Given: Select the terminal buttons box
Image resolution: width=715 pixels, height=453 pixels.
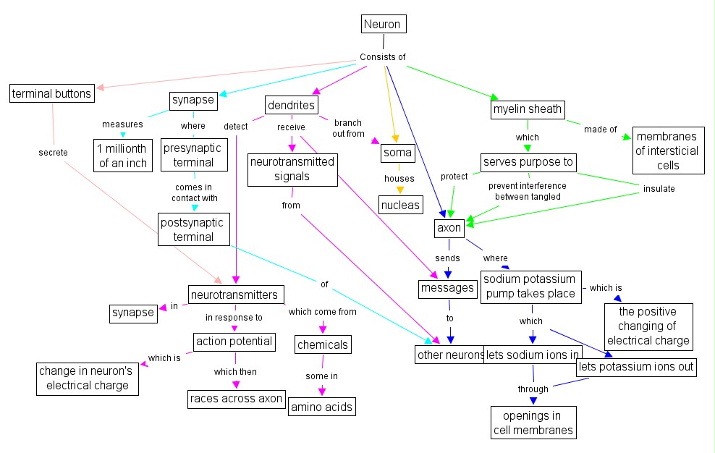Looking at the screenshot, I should pyautogui.click(x=52, y=93).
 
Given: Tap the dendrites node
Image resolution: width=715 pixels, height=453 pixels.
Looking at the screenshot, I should pyautogui.click(x=292, y=106).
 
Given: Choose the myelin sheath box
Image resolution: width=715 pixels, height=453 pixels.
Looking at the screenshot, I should pyautogui.click(x=527, y=109).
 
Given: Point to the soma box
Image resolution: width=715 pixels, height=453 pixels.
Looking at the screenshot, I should pyautogui.click(x=398, y=153).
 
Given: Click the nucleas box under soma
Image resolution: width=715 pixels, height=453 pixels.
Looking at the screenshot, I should pyautogui.click(x=399, y=205).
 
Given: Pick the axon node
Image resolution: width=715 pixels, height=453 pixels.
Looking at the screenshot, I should pyautogui.click(x=449, y=228).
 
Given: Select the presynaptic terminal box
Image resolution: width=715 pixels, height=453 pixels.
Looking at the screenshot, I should pyautogui.click(x=192, y=155).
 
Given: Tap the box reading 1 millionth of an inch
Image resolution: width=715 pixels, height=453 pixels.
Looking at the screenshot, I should pyautogui.click(x=123, y=155).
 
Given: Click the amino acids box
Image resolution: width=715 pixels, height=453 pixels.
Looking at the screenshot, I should pyautogui.click(x=322, y=407).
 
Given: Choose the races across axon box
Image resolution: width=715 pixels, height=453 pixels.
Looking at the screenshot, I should pyautogui.click(x=236, y=398).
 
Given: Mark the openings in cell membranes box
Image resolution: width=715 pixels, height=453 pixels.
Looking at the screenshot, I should pyautogui.click(x=533, y=423).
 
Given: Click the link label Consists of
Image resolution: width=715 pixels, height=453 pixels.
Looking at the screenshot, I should pyautogui.click(x=383, y=57).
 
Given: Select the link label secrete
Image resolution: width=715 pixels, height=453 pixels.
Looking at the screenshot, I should pyautogui.click(x=53, y=153).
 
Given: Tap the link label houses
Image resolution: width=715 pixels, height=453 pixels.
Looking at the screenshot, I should pyautogui.click(x=399, y=178).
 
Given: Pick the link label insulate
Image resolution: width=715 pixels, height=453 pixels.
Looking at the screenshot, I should pyautogui.click(x=659, y=189).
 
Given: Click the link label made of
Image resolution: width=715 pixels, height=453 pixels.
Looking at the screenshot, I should pyautogui.click(x=601, y=130).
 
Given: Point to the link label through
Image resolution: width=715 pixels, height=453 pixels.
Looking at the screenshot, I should pyautogui.click(x=533, y=389).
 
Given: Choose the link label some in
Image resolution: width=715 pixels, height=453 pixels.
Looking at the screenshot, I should pyautogui.click(x=321, y=376).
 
